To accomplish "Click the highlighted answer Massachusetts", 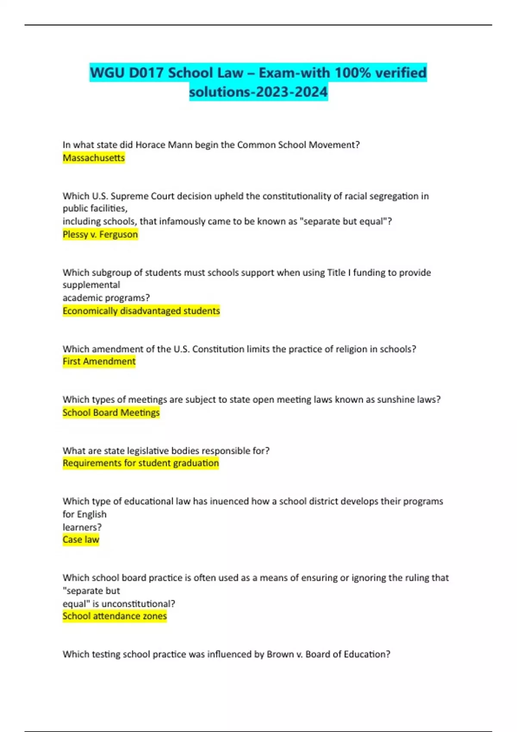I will coord(93,158).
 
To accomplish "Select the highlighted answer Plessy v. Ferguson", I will coord(100,234).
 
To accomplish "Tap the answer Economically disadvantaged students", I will coord(141,311).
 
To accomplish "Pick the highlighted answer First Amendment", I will coord(99,361).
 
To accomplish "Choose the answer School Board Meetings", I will coord(111,413).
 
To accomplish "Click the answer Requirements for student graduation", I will coord(140,463).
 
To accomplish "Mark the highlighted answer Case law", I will coord(81,540).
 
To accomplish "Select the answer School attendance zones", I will coord(114,616).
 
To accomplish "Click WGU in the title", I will coord(107,73).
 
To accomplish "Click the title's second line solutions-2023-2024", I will coord(258,92).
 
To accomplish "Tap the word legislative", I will coord(148,451).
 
